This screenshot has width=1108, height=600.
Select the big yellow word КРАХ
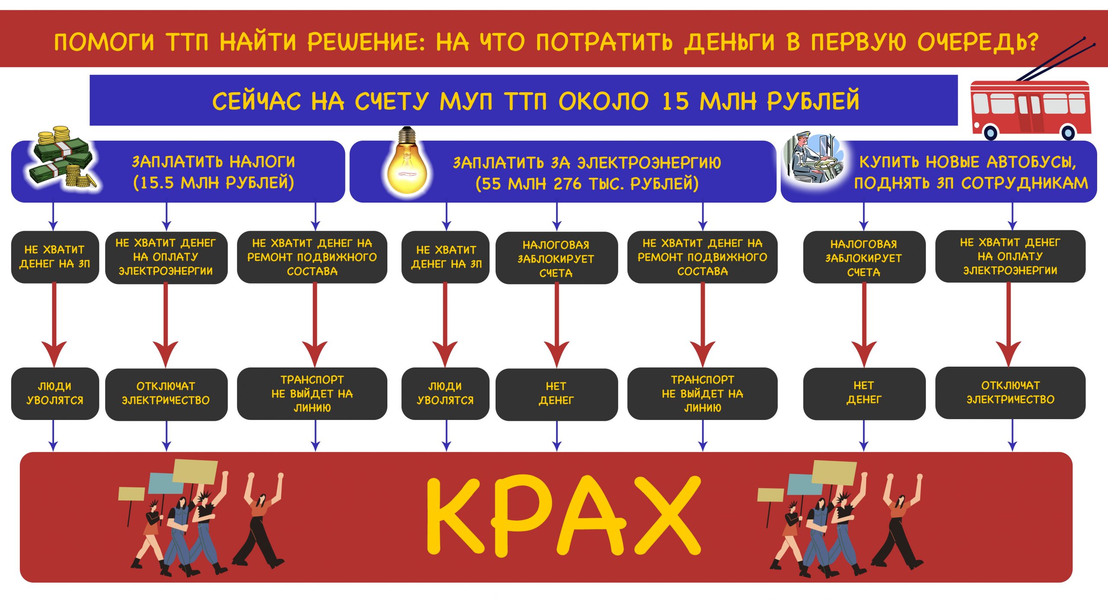point(563,515)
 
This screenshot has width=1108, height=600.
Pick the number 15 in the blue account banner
point(675,101)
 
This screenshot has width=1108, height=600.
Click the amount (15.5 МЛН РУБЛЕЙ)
point(214,183)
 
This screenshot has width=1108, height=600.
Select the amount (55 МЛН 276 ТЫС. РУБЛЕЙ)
point(587,184)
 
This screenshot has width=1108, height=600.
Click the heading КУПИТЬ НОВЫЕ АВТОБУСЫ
point(967,162)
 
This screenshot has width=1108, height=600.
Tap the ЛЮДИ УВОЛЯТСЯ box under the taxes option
point(55,393)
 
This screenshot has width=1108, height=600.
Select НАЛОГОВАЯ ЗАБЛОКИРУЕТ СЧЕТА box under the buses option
point(864,258)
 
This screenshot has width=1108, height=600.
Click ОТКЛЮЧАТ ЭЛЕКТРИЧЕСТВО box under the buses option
point(1010,392)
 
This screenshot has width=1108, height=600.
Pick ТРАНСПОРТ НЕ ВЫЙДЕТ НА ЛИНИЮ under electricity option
point(702,393)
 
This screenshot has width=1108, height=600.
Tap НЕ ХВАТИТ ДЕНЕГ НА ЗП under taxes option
point(55,257)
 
